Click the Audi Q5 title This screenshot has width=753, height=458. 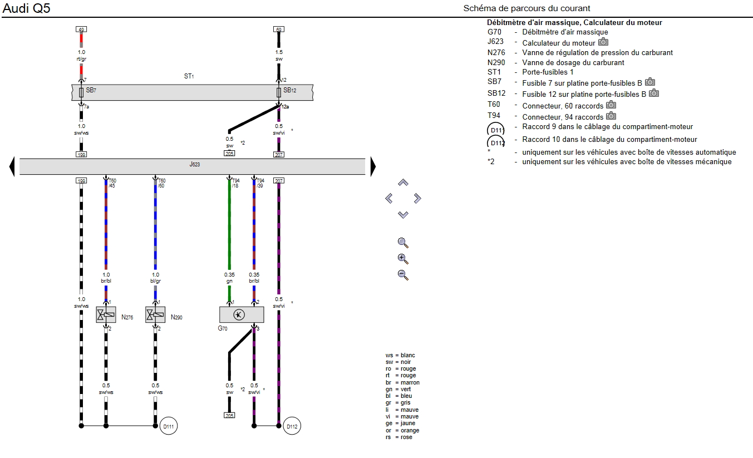27,9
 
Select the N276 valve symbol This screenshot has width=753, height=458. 106,315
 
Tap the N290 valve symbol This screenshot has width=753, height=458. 155,315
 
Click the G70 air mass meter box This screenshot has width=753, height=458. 242,315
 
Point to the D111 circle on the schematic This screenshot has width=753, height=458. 169,427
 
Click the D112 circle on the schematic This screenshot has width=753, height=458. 292,427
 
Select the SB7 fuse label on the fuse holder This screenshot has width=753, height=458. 91,90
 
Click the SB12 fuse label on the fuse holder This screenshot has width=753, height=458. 288,90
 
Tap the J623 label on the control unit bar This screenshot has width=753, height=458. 194,165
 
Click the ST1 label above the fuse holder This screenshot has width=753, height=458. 189,76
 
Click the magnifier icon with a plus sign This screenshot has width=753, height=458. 403,259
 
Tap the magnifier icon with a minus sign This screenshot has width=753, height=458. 403,274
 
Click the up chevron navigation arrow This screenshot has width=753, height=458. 403,183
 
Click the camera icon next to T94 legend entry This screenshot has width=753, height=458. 611,116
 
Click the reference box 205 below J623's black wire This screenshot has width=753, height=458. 229,415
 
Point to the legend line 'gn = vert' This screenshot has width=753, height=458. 398,390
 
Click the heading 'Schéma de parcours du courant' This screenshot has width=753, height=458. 526,8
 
